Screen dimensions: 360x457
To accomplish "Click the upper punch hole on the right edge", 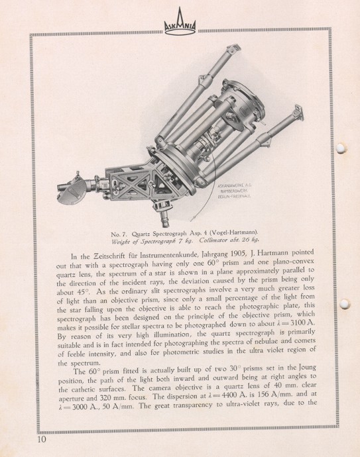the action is tap(342, 148).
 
